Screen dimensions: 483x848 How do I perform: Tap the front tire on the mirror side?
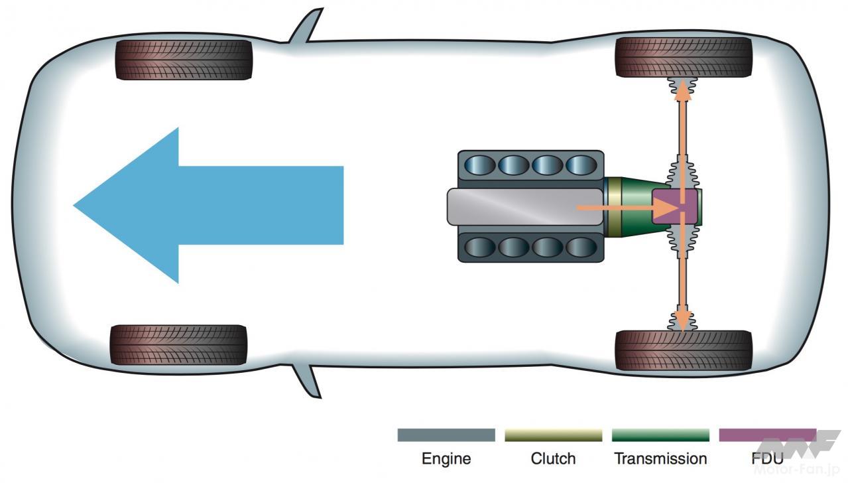point(184,60)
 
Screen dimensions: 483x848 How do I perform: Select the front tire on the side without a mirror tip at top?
point(178,344)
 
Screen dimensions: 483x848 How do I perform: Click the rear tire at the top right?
point(684,57)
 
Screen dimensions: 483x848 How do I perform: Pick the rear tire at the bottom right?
point(684,350)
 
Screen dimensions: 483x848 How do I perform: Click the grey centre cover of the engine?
point(511,206)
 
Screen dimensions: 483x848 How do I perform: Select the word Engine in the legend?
point(446,458)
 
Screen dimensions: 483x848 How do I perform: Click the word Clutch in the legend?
point(553,458)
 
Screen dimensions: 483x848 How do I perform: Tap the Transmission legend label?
point(660,458)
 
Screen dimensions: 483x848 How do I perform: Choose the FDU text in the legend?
point(768,458)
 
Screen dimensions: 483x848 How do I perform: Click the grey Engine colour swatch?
point(446,435)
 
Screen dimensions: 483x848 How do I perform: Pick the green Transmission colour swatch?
point(660,435)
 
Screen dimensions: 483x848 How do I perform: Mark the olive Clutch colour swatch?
point(553,435)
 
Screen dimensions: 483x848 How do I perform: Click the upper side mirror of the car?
point(306,28)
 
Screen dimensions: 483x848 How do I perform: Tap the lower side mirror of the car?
point(308,381)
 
